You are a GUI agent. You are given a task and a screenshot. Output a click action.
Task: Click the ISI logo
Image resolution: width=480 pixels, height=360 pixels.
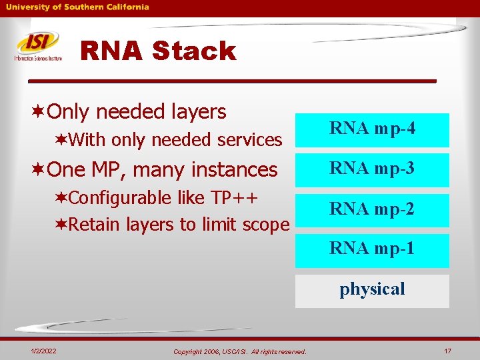pyautogui.click(x=38, y=46)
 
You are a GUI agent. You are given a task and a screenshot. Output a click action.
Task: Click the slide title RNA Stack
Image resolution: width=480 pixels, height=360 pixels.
pyautogui.click(x=158, y=51)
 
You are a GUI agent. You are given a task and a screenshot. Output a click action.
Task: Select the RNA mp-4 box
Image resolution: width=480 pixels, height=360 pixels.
pyautogui.click(x=372, y=129)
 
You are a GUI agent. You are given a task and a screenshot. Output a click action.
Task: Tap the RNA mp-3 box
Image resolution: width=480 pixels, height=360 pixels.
pyautogui.click(x=372, y=169)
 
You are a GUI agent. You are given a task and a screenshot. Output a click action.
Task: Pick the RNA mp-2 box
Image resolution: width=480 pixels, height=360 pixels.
pyautogui.click(x=372, y=209)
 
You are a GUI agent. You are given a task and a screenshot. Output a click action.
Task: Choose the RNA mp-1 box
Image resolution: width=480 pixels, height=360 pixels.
pyautogui.click(x=372, y=249)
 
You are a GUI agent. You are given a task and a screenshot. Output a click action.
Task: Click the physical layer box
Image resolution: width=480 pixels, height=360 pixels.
pyautogui.click(x=372, y=290)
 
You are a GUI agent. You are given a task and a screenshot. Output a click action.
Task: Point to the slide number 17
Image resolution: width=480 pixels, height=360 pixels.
pyautogui.click(x=448, y=351)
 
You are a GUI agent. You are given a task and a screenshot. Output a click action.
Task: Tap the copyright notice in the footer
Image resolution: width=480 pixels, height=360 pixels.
pyautogui.click(x=239, y=351)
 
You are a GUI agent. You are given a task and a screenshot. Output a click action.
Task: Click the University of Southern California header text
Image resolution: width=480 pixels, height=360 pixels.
pyautogui.click(x=78, y=7)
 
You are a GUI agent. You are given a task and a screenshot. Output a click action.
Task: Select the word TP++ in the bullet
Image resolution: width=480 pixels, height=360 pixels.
pyautogui.click(x=234, y=199)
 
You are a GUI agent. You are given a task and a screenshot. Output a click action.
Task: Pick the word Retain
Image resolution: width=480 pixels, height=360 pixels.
pyautogui.click(x=94, y=225)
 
